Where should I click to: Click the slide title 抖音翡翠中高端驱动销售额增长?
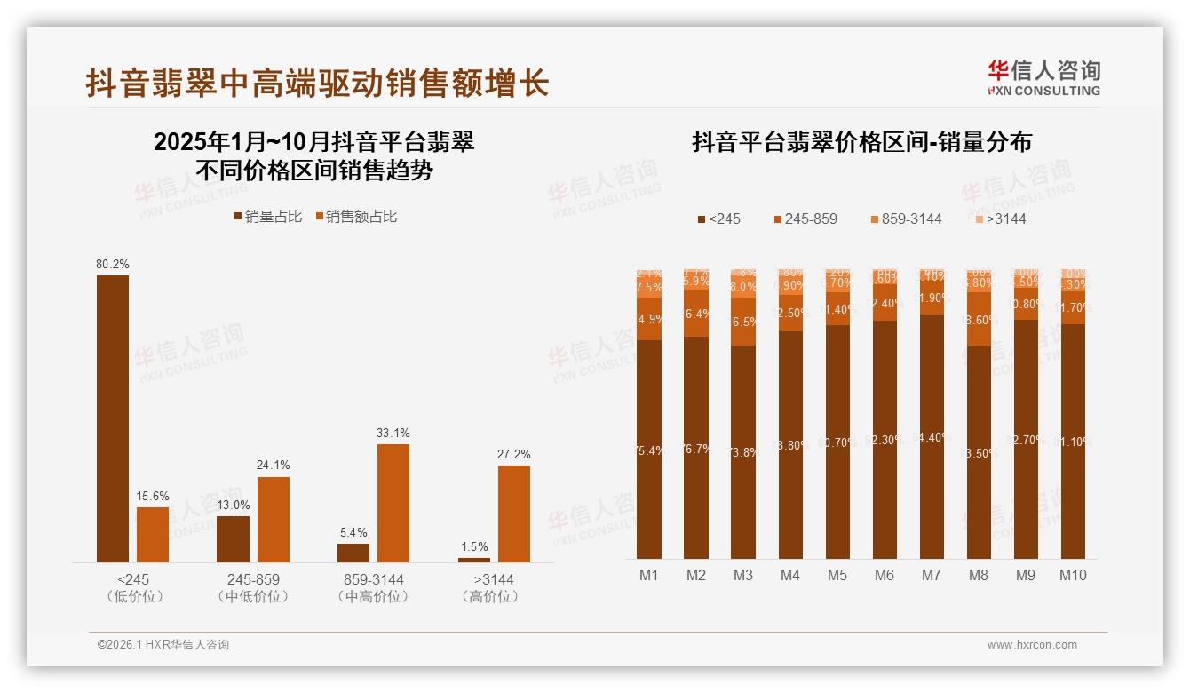[x=317, y=84]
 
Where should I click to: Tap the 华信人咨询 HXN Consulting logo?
[x=1043, y=78]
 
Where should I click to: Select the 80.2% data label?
[x=113, y=264]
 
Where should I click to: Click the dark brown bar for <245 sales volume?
[x=113, y=418]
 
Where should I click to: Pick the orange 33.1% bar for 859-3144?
[x=393, y=503]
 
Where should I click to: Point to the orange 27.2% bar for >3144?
[x=513, y=514]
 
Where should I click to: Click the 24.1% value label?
[x=274, y=465]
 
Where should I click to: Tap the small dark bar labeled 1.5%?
[x=474, y=560]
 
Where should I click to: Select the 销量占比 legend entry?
[x=268, y=217]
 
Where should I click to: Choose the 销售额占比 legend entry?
[x=356, y=217]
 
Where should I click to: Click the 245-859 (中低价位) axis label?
[x=253, y=588]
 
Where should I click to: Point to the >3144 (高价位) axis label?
[x=489, y=588]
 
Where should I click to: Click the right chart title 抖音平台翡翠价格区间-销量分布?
[x=861, y=143]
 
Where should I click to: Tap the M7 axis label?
[x=931, y=575]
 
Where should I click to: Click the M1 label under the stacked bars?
[x=649, y=575]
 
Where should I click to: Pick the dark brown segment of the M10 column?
[x=1073, y=441]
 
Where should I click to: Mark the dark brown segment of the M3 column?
[x=743, y=451]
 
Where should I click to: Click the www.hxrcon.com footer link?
[x=1032, y=645]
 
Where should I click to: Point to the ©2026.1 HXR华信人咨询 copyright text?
[x=163, y=645]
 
